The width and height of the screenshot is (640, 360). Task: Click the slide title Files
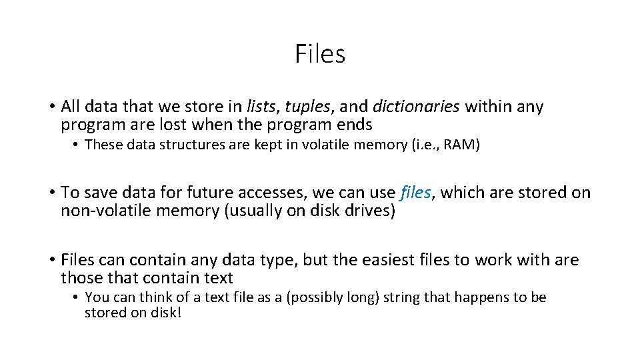320,54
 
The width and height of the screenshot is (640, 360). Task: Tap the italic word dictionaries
417,107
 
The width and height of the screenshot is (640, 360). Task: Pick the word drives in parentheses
372,211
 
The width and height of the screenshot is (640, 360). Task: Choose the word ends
355,125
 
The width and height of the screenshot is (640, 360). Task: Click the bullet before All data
51,107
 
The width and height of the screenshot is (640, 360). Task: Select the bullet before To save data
51,193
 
